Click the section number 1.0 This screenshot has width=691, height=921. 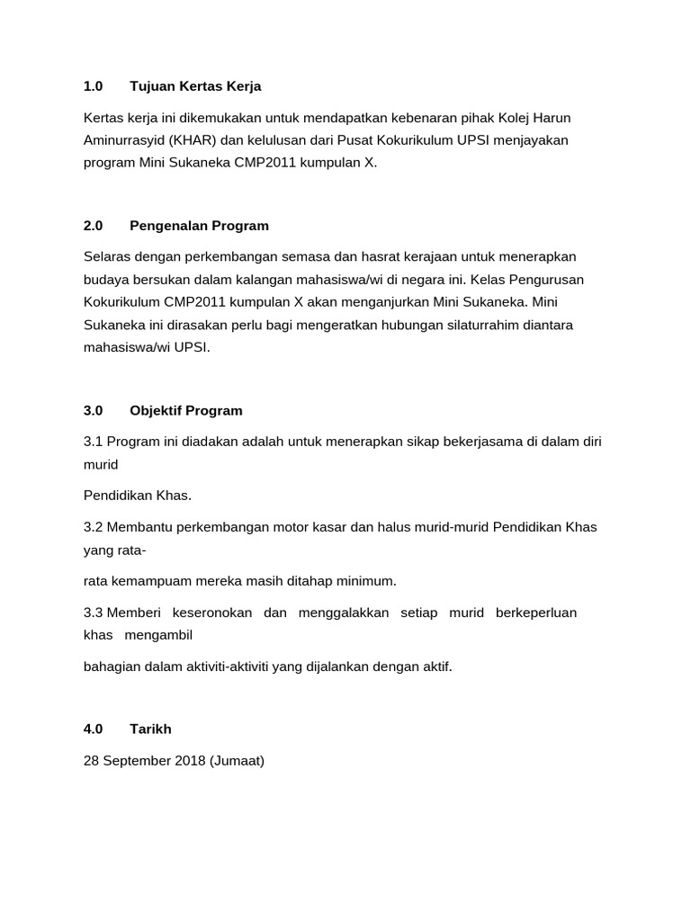point(94,86)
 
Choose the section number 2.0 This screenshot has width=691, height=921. point(94,226)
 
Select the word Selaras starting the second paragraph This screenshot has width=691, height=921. point(109,256)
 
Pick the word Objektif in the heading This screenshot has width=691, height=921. point(157,410)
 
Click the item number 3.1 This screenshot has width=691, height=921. point(94,442)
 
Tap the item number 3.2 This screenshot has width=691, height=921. point(94,527)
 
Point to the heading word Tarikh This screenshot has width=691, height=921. point(150,729)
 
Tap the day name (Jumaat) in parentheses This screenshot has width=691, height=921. point(236,761)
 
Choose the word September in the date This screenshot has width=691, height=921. point(135,761)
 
